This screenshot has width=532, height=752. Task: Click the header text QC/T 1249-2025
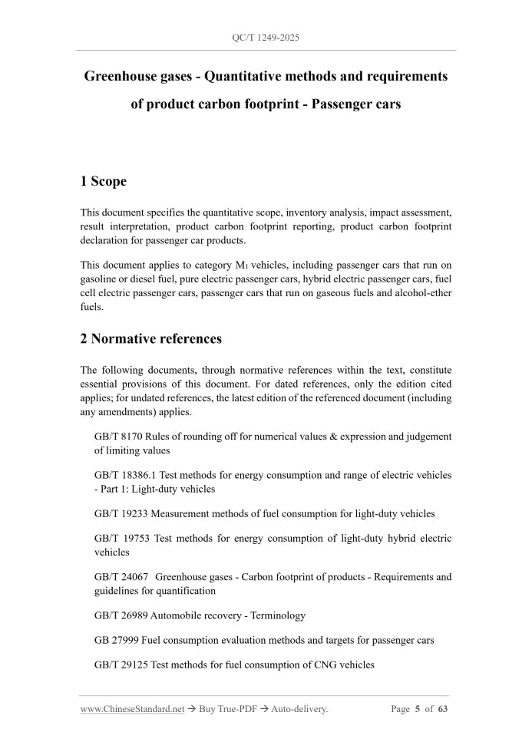coord(266,37)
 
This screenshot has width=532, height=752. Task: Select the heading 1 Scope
coord(103,182)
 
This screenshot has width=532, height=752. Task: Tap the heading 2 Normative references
coord(150,338)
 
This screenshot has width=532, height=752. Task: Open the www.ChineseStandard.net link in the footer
coord(132,709)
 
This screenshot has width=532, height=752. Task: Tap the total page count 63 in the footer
coord(442,709)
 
